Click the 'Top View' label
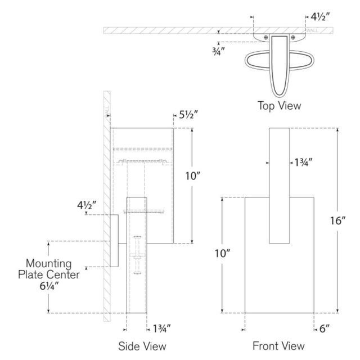[280, 105]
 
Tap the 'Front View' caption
[279, 345]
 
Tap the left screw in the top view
[264, 38]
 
